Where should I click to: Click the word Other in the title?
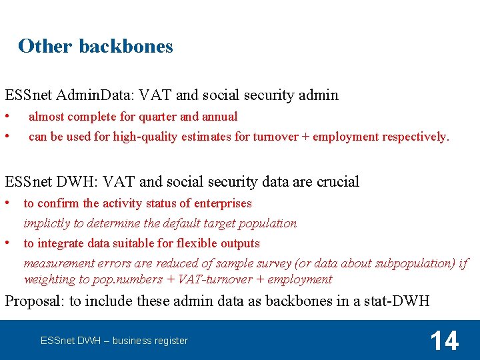(45, 46)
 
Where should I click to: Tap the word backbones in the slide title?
(125, 46)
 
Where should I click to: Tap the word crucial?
(338, 181)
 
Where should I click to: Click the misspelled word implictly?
(47, 223)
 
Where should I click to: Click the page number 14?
(444, 341)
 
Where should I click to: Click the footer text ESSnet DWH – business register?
(114, 341)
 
